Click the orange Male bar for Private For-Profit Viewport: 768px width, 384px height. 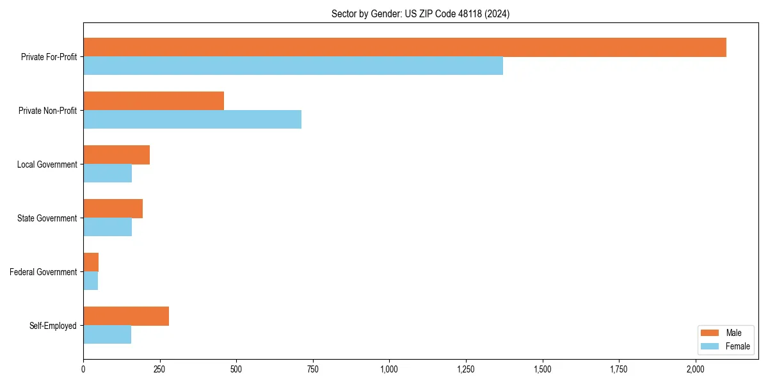coord(404,47)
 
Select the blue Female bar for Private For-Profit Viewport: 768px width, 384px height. coord(293,66)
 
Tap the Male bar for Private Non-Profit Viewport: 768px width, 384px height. coord(154,101)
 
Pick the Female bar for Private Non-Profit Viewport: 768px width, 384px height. coord(192,120)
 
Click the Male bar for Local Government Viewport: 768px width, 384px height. coord(116,155)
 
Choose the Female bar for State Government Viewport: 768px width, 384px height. coord(108,227)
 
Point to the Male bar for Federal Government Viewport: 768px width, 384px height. coord(91,262)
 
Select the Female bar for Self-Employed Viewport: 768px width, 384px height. coord(107,335)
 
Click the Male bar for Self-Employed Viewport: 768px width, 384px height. coord(126,316)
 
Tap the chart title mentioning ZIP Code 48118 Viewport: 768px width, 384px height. coord(420,13)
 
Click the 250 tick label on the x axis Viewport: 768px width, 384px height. coord(159,369)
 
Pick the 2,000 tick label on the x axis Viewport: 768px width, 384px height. coord(696,369)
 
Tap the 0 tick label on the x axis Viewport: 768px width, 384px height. coord(83,369)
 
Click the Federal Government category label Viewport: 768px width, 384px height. coord(44,272)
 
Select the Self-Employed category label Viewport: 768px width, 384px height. coord(53,326)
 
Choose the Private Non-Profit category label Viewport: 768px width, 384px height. coord(49,111)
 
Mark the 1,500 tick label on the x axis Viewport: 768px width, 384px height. coord(543,369)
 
